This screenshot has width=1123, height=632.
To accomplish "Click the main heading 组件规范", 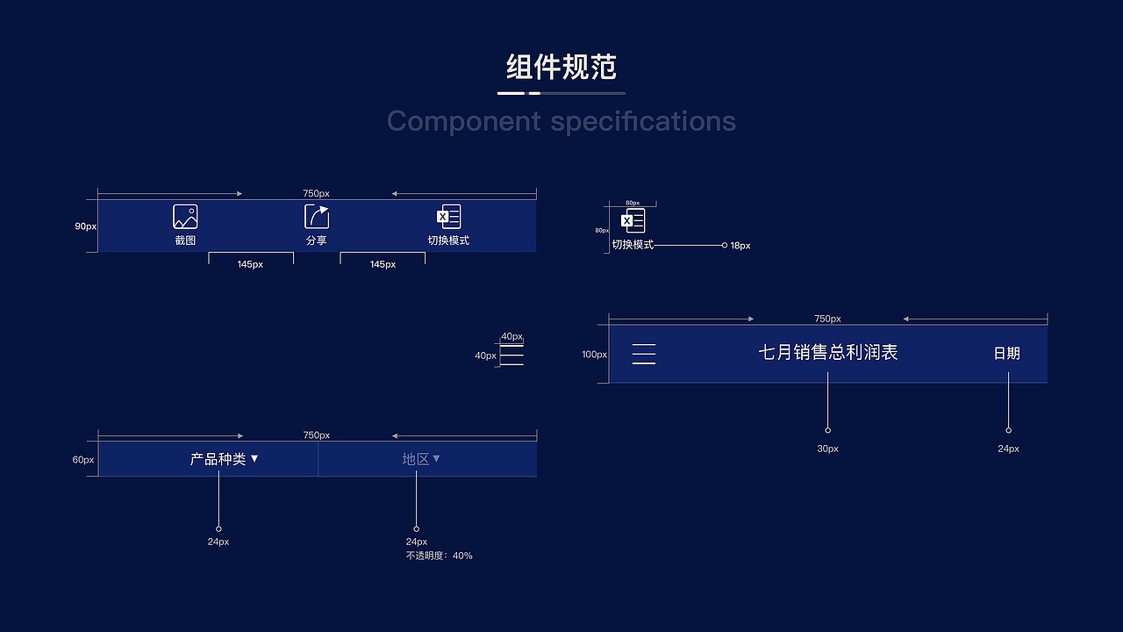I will (x=561, y=67).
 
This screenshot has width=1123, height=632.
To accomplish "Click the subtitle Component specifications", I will (x=561, y=120).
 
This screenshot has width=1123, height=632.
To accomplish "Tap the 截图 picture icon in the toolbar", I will (x=185, y=217).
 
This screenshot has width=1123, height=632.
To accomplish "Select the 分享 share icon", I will (x=317, y=217).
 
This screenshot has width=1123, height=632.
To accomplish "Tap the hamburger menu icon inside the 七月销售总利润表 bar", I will (x=644, y=354).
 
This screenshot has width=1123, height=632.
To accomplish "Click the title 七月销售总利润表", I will (x=828, y=353).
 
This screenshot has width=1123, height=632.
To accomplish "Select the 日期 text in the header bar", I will (x=1007, y=354).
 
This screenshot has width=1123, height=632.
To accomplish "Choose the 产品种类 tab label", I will (x=218, y=459).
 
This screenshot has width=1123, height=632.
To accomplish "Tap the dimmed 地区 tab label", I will (x=416, y=459).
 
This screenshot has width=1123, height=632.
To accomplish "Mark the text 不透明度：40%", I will (x=440, y=556).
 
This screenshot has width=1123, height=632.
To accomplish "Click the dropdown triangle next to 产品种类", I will (x=254, y=458).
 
